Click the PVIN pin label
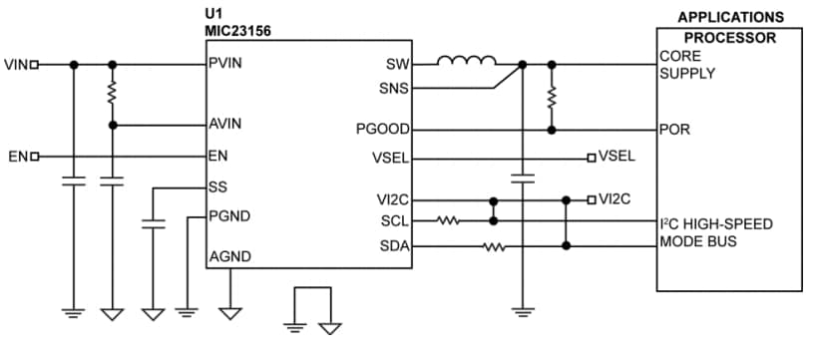click(x=226, y=64)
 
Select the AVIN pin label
click(x=226, y=125)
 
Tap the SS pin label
click(x=217, y=186)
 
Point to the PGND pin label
click(x=228, y=215)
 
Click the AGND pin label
click(x=229, y=257)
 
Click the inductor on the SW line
click(x=466, y=63)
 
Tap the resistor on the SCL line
click(x=448, y=220)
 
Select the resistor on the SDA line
click(x=494, y=245)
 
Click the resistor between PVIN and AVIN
click(x=113, y=93)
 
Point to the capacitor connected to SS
click(x=153, y=226)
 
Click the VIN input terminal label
click(x=16, y=65)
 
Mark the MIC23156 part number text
click(x=237, y=31)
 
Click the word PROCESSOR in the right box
click(x=730, y=37)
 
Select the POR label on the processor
click(x=672, y=130)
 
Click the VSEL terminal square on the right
click(x=592, y=158)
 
